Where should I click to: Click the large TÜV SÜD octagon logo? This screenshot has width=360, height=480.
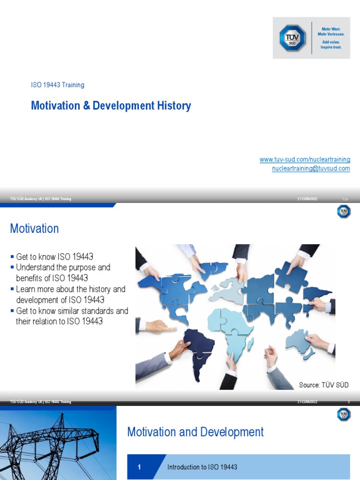[x=292, y=38]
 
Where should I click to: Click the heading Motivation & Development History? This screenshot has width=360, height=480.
[x=111, y=105]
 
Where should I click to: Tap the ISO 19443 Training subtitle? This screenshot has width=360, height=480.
[x=58, y=85]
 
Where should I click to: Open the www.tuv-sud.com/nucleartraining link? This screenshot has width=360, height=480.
[x=305, y=160]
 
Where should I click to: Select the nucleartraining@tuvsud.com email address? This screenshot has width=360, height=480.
[x=311, y=168]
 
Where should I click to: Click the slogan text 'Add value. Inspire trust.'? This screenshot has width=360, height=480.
[x=331, y=45]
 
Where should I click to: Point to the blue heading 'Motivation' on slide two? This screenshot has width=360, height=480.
[x=34, y=229]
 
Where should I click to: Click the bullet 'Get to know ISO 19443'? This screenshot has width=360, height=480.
[x=54, y=256]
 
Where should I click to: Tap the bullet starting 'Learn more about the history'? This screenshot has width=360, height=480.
[x=70, y=294]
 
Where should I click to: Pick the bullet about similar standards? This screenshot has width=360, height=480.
[x=72, y=316]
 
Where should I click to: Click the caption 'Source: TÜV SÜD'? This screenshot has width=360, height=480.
[x=323, y=385]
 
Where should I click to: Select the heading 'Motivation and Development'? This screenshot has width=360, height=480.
[x=195, y=432]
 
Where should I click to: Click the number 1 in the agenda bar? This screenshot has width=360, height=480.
[x=139, y=467]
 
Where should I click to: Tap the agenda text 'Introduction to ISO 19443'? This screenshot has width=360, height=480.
[x=202, y=467]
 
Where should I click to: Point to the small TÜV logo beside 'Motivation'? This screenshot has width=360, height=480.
[x=344, y=212]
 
